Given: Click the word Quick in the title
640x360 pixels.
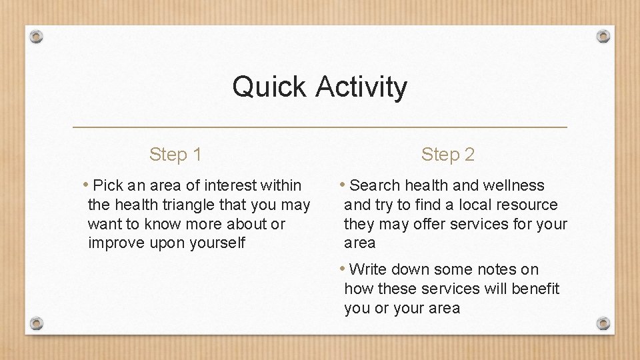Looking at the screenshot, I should point(269,87).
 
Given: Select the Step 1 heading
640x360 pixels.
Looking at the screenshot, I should point(175,155).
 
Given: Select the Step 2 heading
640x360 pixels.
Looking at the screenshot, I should point(447,155).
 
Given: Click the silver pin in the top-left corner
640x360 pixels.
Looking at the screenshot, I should point(37,36).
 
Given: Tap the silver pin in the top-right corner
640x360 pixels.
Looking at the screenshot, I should point(603,36).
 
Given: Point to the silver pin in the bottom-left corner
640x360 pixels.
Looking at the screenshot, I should point(37,323).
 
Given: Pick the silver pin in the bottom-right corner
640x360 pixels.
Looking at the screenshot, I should point(603,323).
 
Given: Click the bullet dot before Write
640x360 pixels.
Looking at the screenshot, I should point(341,269).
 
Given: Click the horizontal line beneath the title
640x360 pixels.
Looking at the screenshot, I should point(319,127).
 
